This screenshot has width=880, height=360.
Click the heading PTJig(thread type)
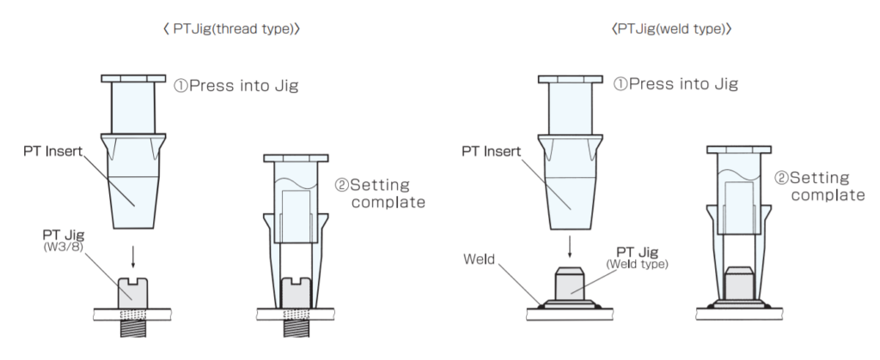pos(230,29)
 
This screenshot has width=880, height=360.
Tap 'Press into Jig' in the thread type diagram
pos(235,86)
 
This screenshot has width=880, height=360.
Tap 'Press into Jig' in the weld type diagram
pos(675,84)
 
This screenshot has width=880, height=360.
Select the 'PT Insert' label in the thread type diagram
pos(52,151)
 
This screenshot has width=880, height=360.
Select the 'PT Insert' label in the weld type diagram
pos(491,151)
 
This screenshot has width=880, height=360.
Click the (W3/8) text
pos(63,247)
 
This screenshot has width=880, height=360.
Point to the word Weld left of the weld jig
pos(480,259)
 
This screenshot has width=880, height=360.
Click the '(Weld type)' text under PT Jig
pos(637,264)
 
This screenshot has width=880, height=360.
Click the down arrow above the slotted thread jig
pos(133,257)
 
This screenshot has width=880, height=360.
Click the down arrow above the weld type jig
pos(570,247)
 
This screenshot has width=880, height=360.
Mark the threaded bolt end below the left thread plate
pos(133,328)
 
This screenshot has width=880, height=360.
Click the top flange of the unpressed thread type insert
pos(133,78)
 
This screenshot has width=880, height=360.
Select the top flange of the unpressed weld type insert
pos(571,79)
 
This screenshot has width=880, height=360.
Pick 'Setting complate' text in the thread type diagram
pos(381,193)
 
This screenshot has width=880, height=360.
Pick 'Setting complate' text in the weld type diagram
pos(820,186)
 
